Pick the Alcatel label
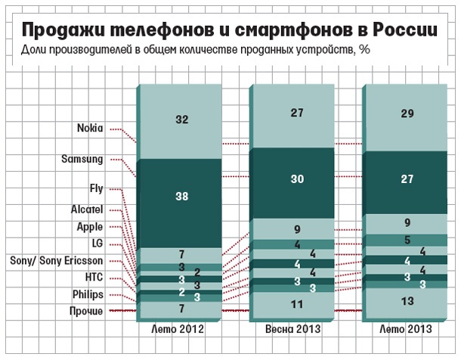[x=88, y=208]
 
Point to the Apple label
[x=90, y=225]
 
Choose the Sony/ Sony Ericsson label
[x=63, y=259]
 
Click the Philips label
[x=88, y=293]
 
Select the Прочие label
[x=87, y=311]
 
